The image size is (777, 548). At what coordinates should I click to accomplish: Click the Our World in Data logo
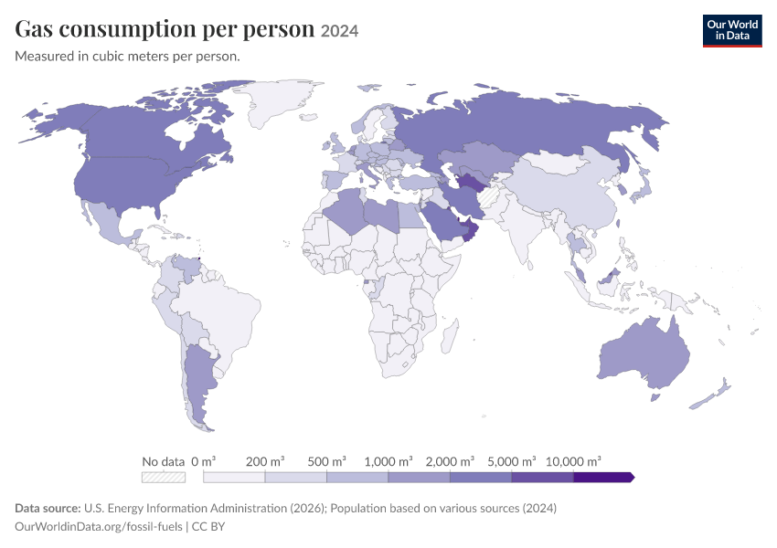[x=732, y=31]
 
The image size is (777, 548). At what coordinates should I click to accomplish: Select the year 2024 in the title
[x=339, y=31]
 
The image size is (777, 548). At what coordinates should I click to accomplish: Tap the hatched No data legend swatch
[x=164, y=477]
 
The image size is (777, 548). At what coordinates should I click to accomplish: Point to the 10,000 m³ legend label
[x=573, y=461]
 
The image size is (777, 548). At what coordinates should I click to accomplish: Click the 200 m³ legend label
[x=265, y=461]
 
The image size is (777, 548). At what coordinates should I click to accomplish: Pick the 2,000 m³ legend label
[x=450, y=461]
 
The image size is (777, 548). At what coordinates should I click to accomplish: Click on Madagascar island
[x=449, y=335]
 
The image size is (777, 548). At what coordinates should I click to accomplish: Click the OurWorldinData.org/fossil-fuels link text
[x=99, y=527]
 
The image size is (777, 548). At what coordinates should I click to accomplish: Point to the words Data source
[x=48, y=509]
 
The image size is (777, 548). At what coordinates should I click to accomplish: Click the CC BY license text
[x=208, y=527]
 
